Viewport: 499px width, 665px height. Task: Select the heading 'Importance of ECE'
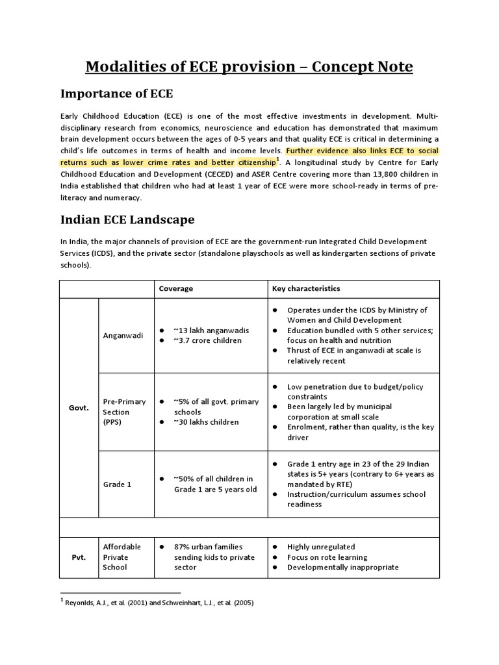[x=116, y=94]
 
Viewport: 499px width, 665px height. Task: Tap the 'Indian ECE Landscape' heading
[x=127, y=220]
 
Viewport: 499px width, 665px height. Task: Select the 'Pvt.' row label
[x=79, y=557]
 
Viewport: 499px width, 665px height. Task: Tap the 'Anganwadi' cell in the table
[x=123, y=335]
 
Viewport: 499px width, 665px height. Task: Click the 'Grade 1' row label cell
[x=117, y=484]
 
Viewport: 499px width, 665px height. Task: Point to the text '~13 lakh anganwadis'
[x=211, y=331]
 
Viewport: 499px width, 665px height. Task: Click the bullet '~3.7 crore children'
[x=207, y=340]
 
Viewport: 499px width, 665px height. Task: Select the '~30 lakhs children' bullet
[x=206, y=422]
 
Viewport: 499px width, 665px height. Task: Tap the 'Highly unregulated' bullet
[x=320, y=547]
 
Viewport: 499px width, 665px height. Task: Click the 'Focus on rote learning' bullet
[x=327, y=557]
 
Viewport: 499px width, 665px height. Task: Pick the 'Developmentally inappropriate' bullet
[x=342, y=567]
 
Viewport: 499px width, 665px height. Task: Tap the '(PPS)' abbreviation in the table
[x=113, y=422]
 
